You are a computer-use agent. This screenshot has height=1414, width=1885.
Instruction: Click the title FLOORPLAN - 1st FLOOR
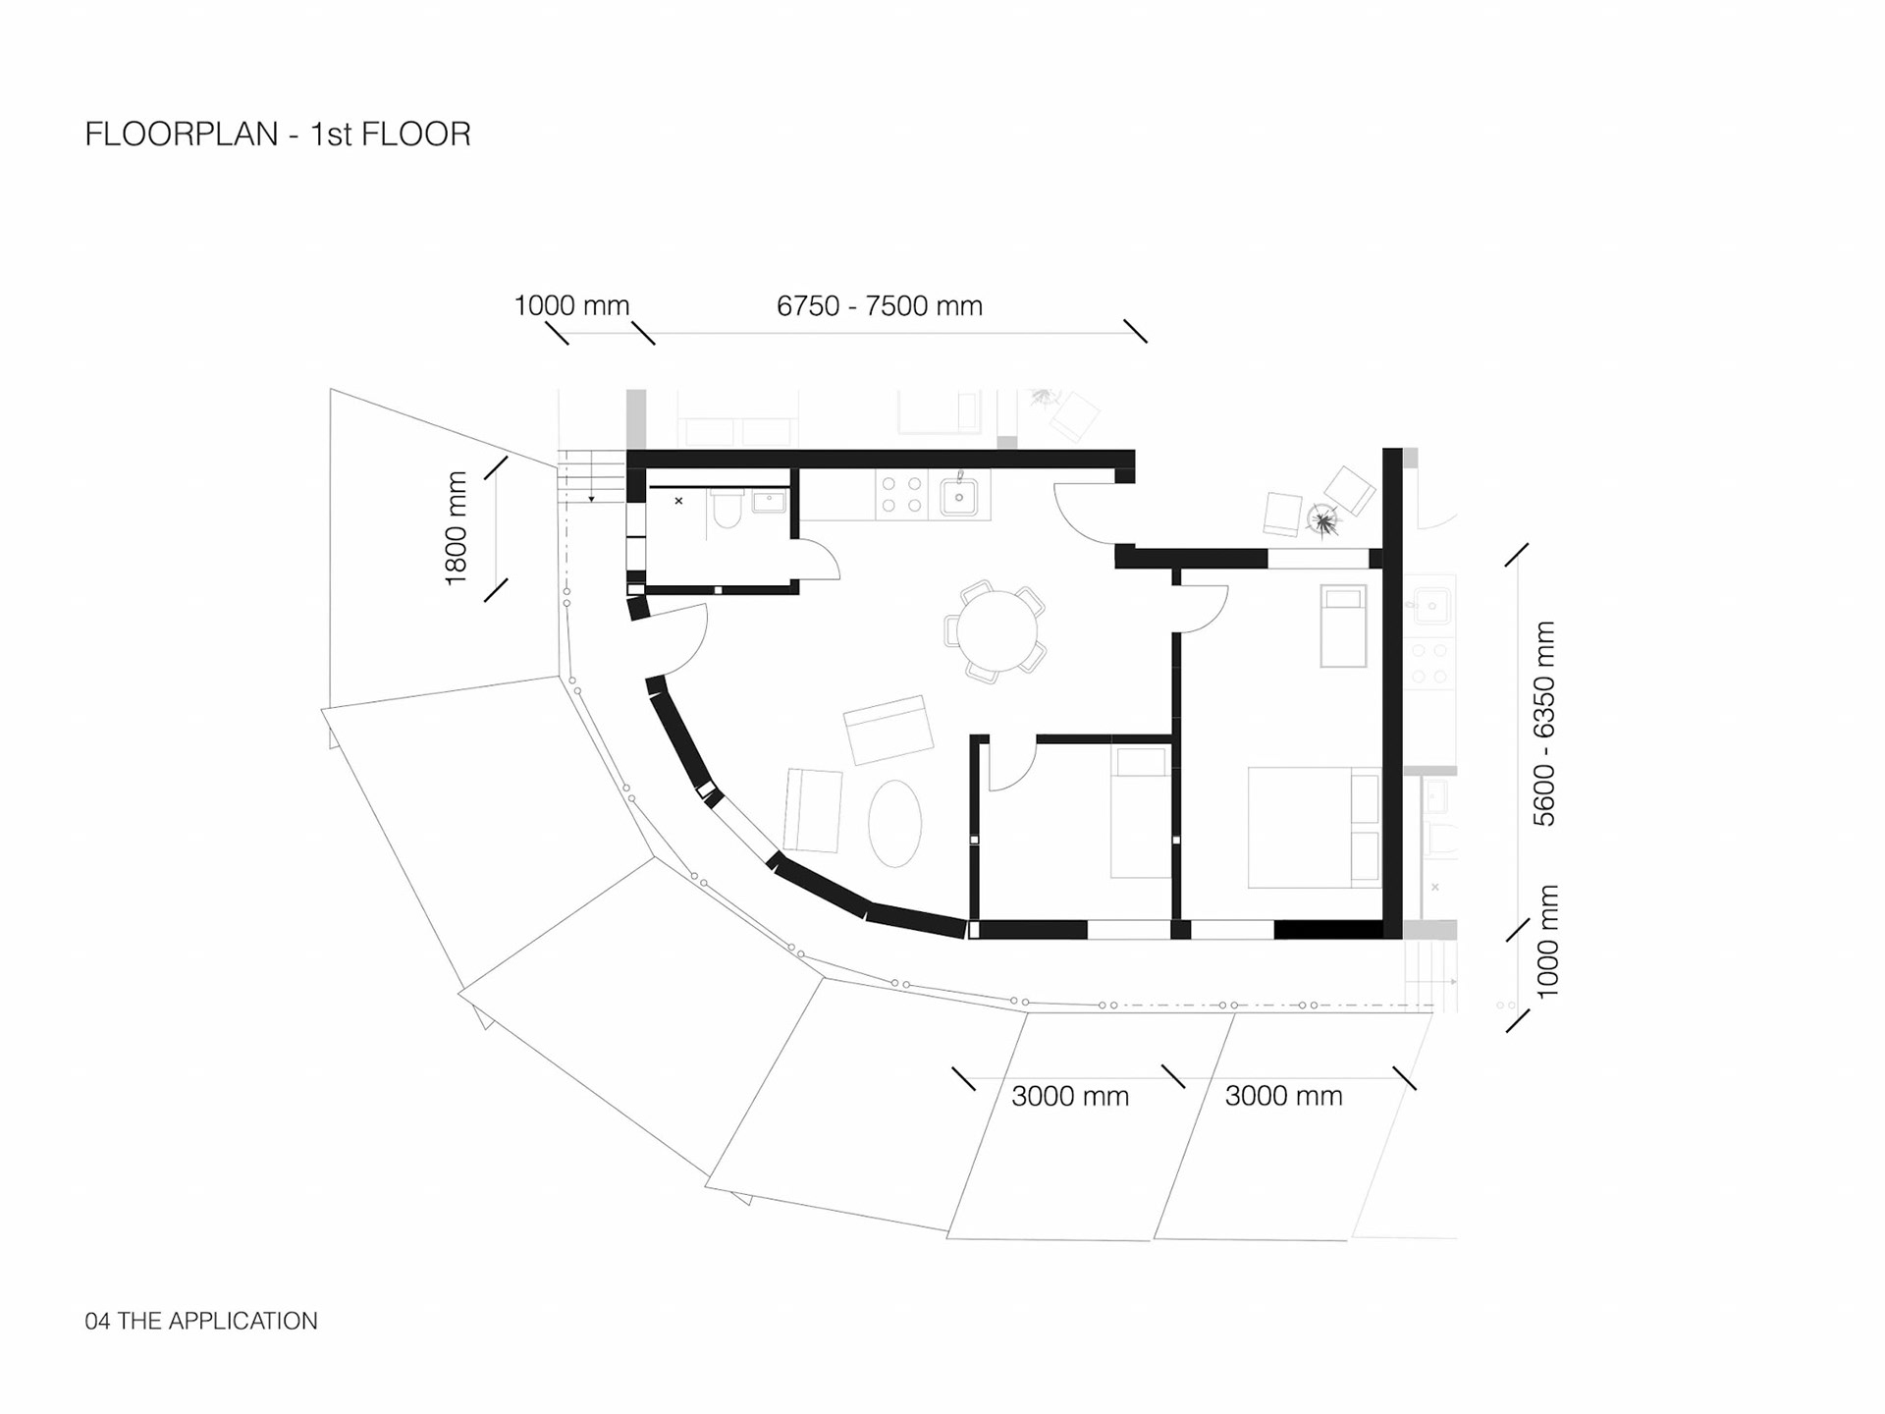click(x=278, y=135)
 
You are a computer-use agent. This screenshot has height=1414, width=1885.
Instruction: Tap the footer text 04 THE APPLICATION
click(x=201, y=1321)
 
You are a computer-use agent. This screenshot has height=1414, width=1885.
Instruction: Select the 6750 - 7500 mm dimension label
click(x=879, y=306)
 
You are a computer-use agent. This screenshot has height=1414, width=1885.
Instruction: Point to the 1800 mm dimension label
click(x=457, y=528)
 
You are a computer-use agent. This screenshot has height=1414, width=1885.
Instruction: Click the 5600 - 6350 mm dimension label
click(x=1544, y=723)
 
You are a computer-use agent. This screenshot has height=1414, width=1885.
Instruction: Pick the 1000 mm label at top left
click(x=571, y=306)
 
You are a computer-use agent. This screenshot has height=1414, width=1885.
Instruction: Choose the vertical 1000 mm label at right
click(x=1547, y=941)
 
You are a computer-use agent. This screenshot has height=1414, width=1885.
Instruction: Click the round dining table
click(x=997, y=630)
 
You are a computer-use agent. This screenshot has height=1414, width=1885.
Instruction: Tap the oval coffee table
click(x=894, y=823)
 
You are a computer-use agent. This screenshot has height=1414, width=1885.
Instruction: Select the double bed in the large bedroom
click(x=1314, y=827)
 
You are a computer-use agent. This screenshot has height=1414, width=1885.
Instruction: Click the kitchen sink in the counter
click(x=959, y=497)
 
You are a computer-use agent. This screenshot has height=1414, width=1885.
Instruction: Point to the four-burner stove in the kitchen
click(x=901, y=495)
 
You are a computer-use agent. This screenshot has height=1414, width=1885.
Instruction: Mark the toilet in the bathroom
click(x=727, y=510)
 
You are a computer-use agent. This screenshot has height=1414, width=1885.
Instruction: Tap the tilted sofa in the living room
click(x=889, y=729)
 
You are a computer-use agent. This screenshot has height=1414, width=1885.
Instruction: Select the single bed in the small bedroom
click(x=1141, y=812)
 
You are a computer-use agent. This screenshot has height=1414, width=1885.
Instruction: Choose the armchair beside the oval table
click(x=813, y=811)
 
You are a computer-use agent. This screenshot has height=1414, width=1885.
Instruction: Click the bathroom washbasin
click(x=769, y=503)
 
